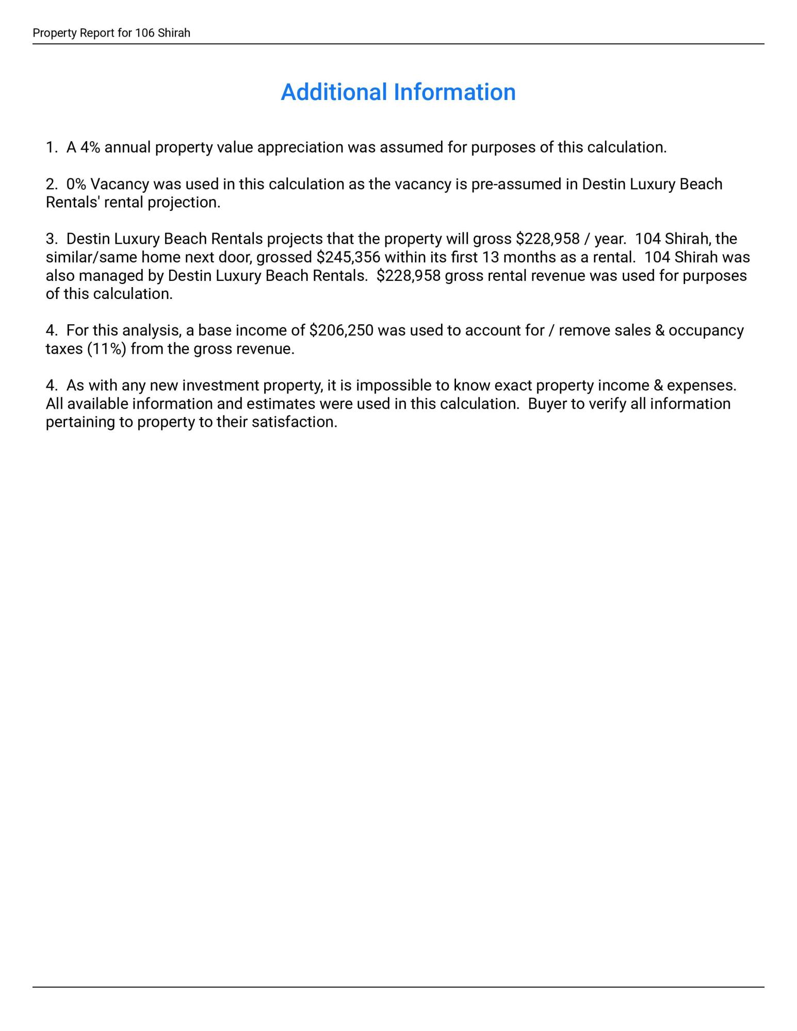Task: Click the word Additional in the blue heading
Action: pyautogui.click(x=334, y=92)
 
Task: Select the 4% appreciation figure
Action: pyautogui.click(x=90, y=147)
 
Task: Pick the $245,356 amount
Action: pyautogui.click(x=348, y=257)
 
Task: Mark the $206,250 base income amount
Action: pyautogui.click(x=341, y=330)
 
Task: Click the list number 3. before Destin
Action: pyautogui.click(x=52, y=239)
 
